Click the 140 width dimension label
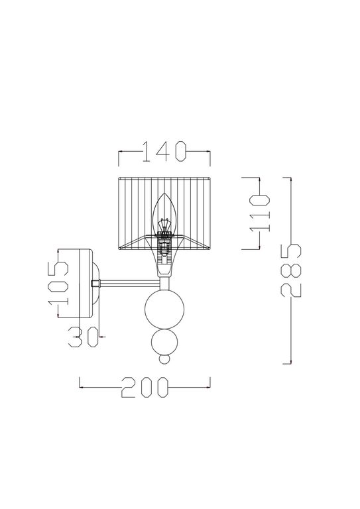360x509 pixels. (x=164, y=151)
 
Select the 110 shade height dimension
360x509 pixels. (x=260, y=213)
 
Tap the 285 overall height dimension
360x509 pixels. (x=291, y=270)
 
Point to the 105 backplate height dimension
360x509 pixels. (x=58, y=283)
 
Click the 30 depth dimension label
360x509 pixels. (x=84, y=337)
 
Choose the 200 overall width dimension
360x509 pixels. (x=145, y=387)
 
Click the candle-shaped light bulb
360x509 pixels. (x=165, y=214)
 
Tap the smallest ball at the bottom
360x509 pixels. (x=164, y=360)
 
